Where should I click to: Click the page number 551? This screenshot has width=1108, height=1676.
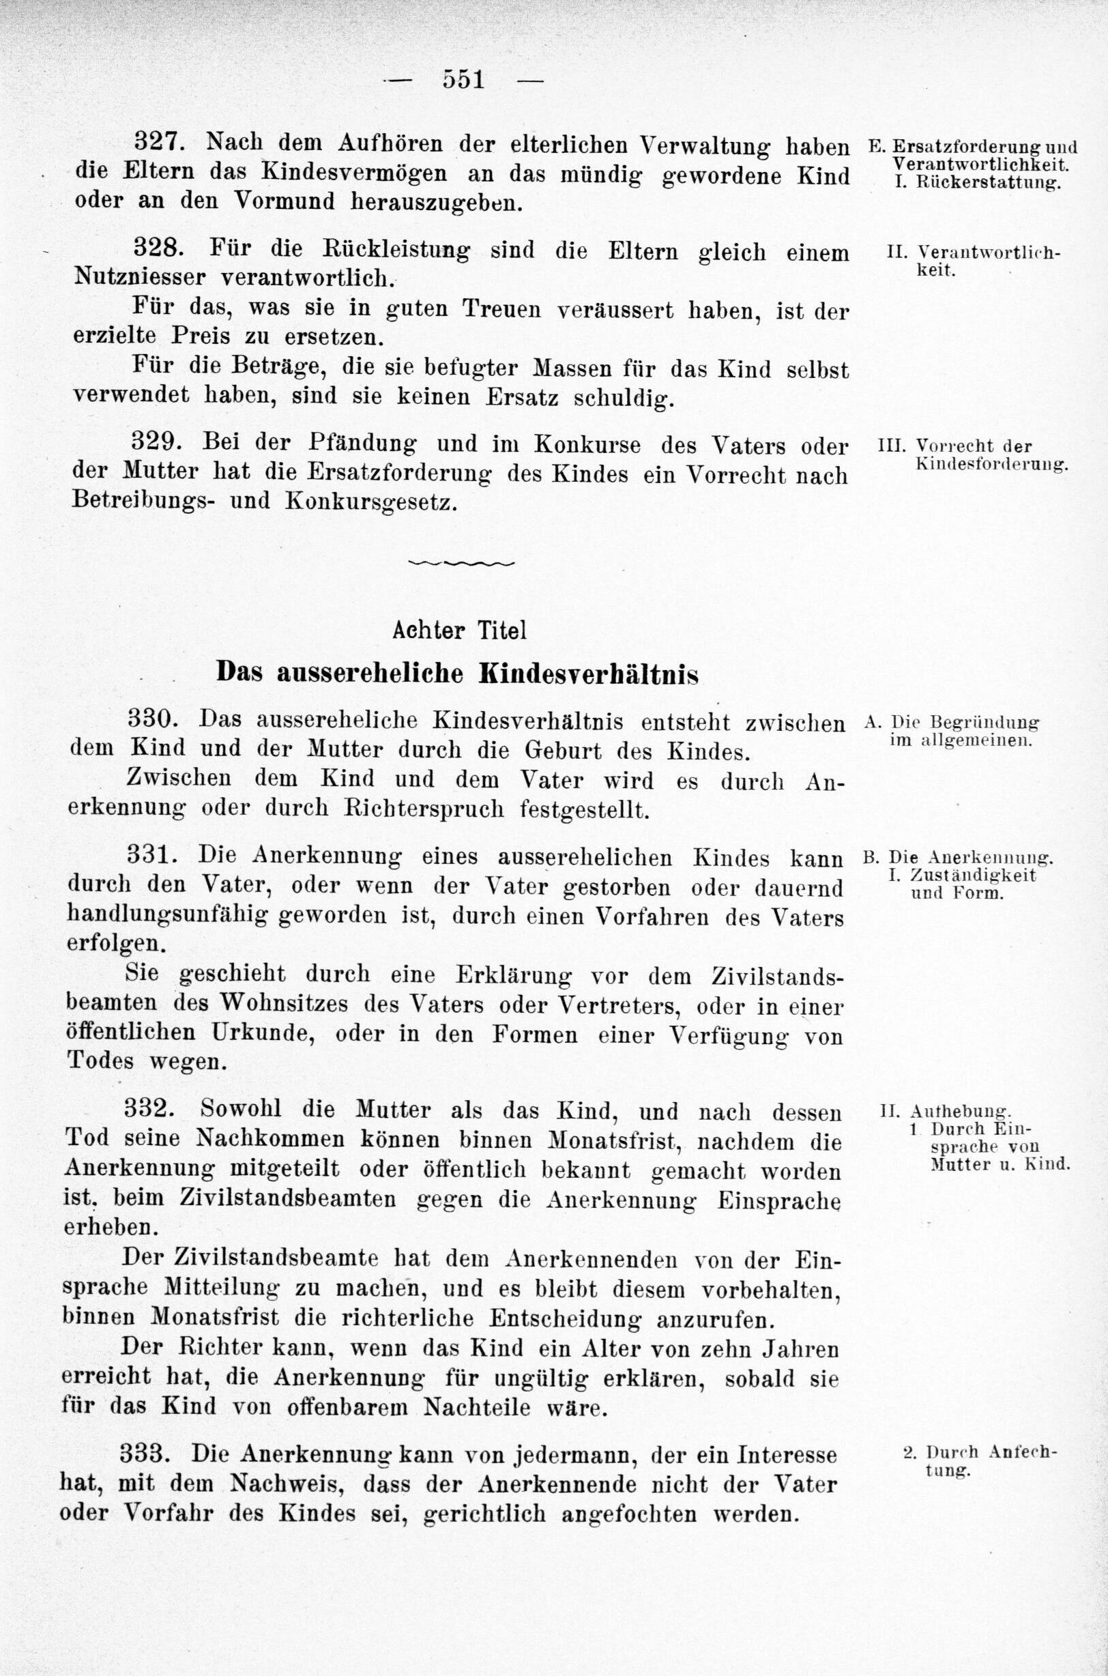(464, 79)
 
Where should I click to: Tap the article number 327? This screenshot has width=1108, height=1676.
(160, 143)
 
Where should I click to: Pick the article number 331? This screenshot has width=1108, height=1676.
(151, 856)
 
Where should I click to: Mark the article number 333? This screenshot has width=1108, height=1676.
(145, 1433)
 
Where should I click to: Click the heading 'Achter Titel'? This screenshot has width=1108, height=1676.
(459, 630)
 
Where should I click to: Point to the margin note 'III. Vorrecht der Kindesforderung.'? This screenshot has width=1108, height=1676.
(973, 455)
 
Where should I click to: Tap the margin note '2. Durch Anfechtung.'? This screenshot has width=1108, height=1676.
(981, 1441)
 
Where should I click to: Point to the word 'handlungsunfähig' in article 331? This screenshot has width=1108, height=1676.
(168, 916)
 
